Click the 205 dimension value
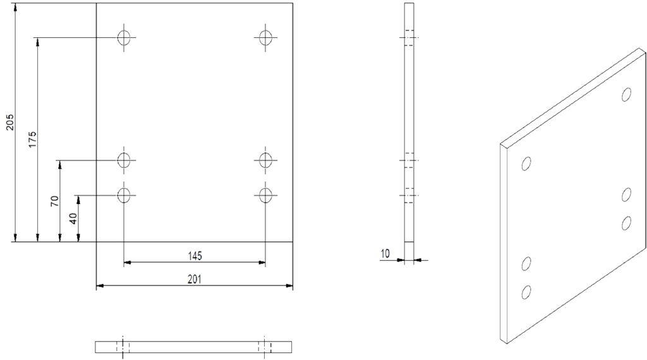point(9,122)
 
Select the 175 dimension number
point(32,140)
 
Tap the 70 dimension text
point(54,201)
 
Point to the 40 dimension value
point(73,219)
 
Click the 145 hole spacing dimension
point(195,256)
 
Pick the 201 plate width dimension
point(195,279)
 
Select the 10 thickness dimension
point(385,254)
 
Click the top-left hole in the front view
point(124,37)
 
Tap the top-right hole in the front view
point(266,37)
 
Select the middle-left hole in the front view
point(124,160)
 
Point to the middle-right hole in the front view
point(266,160)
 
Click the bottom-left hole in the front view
point(124,195)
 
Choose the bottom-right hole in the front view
point(266,195)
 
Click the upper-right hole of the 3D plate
point(626,95)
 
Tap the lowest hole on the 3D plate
point(526,292)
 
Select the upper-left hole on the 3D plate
point(526,164)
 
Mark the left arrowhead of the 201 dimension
point(99,285)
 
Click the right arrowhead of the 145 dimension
point(262,262)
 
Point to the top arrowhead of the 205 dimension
point(15,6)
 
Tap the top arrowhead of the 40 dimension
point(78,199)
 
